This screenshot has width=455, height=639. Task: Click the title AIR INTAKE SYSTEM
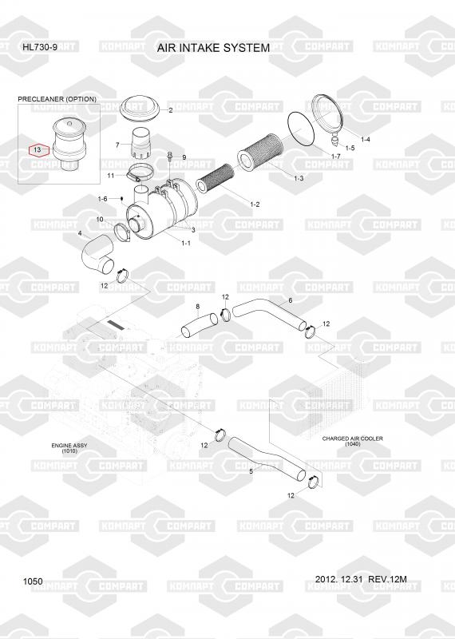coord(213,48)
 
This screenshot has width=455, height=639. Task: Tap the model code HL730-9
coord(40,47)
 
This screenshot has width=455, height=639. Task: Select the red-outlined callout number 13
coord(38,150)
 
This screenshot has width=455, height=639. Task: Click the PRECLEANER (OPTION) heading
coord(57,99)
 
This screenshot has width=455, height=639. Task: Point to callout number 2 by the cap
coord(170,110)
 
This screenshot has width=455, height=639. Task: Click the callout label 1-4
coord(366,139)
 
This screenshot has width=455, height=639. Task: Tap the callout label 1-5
coord(350,148)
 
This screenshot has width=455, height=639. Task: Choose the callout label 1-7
coord(335,157)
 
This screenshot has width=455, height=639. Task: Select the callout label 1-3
coord(299,178)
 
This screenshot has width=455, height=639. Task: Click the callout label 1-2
coord(255,204)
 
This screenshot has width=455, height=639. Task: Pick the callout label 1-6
coord(102,199)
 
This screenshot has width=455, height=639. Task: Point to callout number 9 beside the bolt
coord(184,157)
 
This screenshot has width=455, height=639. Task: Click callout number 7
coord(117,145)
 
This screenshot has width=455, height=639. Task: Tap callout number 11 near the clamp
coord(111,176)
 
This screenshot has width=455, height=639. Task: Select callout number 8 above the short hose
coord(198,307)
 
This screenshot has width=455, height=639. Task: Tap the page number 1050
coord(33,581)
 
